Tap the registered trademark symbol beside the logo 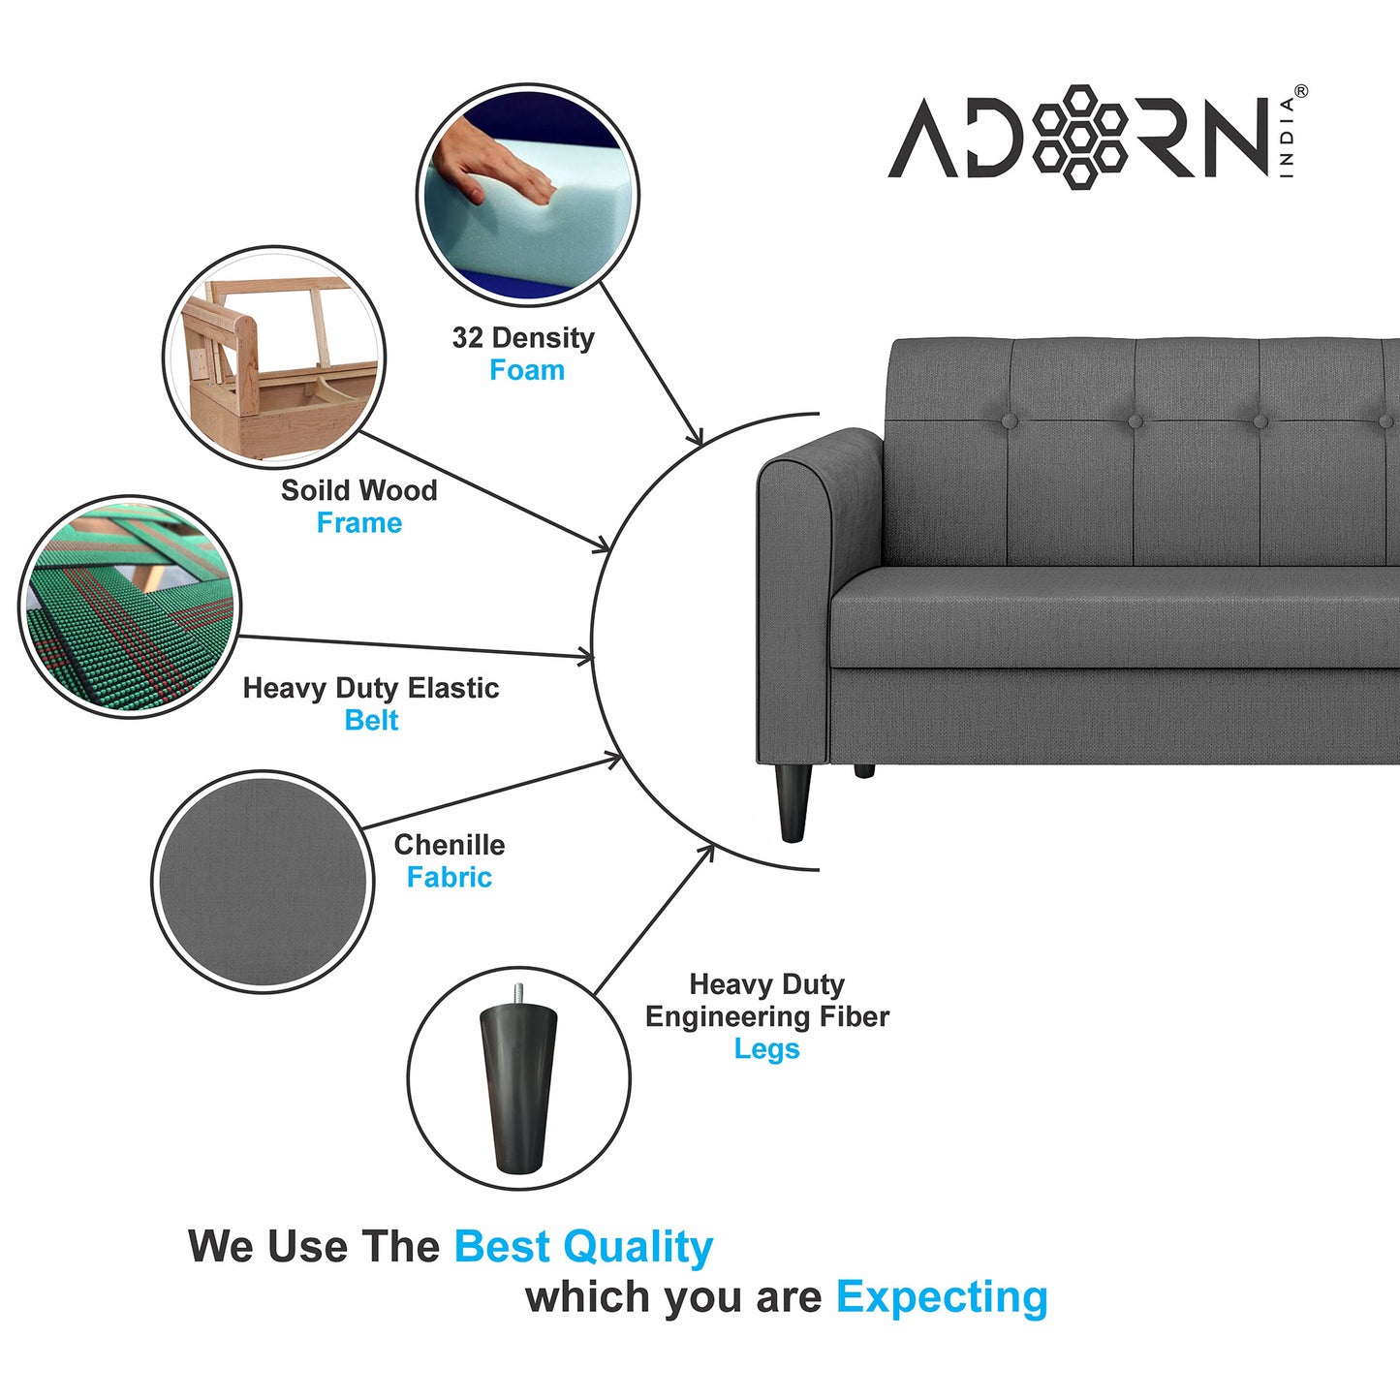(x=1300, y=92)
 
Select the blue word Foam (x=526, y=370)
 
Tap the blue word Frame (x=358, y=523)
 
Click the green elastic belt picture (x=129, y=607)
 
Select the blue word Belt (x=371, y=721)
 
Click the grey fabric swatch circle (x=263, y=882)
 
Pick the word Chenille (x=449, y=845)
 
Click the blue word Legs (x=766, y=1049)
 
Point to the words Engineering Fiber (x=766, y=1016)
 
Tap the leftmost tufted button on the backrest (x=1009, y=421)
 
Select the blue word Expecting (x=942, y=1296)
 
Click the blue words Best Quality (x=583, y=1247)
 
